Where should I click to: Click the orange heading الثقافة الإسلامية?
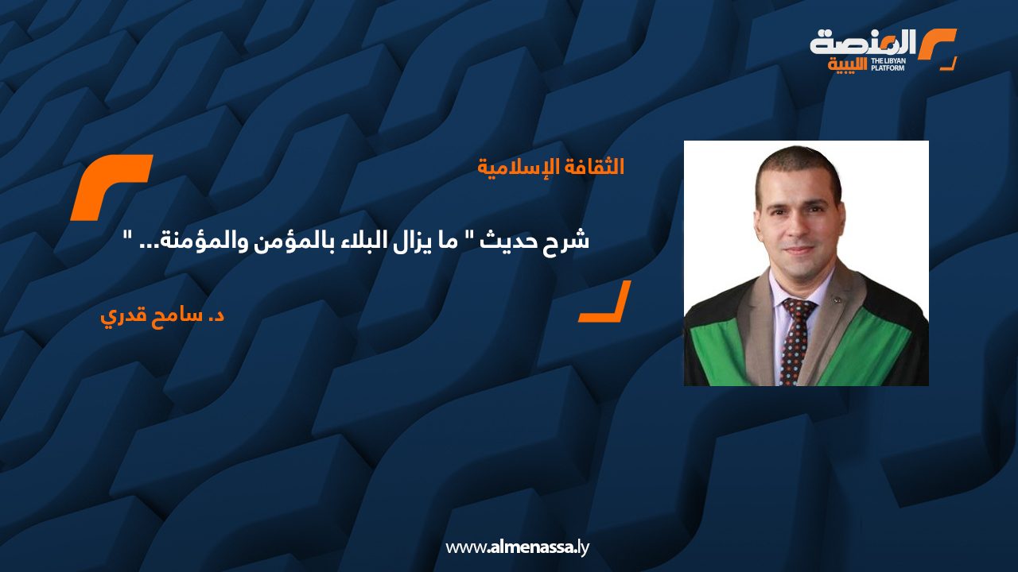tap(550, 168)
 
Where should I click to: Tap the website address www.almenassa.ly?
tap(517, 547)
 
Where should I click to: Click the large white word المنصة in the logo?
tap(863, 42)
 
